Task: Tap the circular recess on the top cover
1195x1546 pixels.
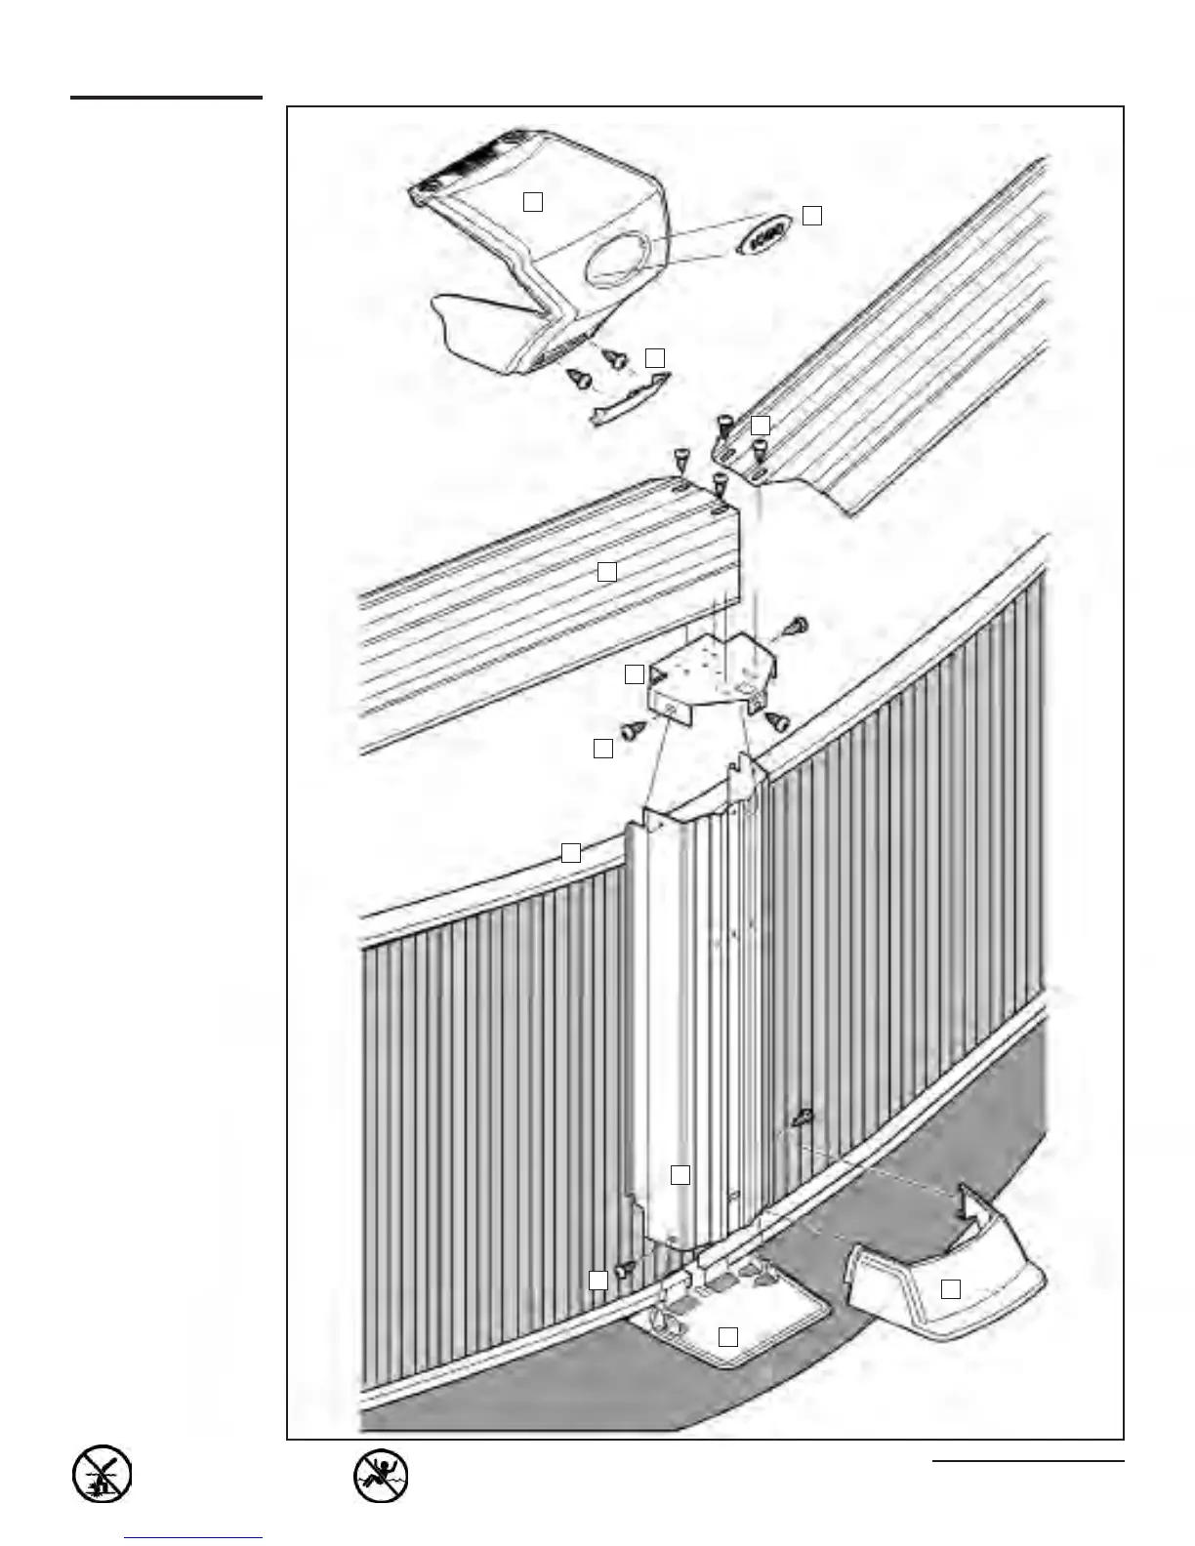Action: click(x=618, y=258)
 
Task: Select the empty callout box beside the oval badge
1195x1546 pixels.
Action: click(x=811, y=216)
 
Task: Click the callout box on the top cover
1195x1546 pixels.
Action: click(x=533, y=201)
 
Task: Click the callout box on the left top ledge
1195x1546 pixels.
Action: click(x=607, y=571)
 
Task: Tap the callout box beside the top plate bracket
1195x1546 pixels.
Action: click(x=635, y=673)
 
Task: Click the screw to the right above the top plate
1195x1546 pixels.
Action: click(x=797, y=625)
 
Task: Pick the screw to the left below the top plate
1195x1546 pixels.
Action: click(x=634, y=728)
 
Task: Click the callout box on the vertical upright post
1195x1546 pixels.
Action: click(x=680, y=1174)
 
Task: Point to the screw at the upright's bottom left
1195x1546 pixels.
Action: click(x=625, y=1268)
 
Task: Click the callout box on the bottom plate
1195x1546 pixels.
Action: click(x=727, y=1336)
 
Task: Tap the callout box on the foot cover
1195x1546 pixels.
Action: click(x=950, y=1288)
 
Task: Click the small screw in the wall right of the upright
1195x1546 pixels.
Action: click(x=804, y=1117)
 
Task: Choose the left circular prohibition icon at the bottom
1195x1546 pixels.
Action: click(x=102, y=1474)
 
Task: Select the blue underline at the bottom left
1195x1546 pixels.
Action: click(x=193, y=1538)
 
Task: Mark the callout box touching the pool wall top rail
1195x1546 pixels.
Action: click(x=571, y=853)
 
